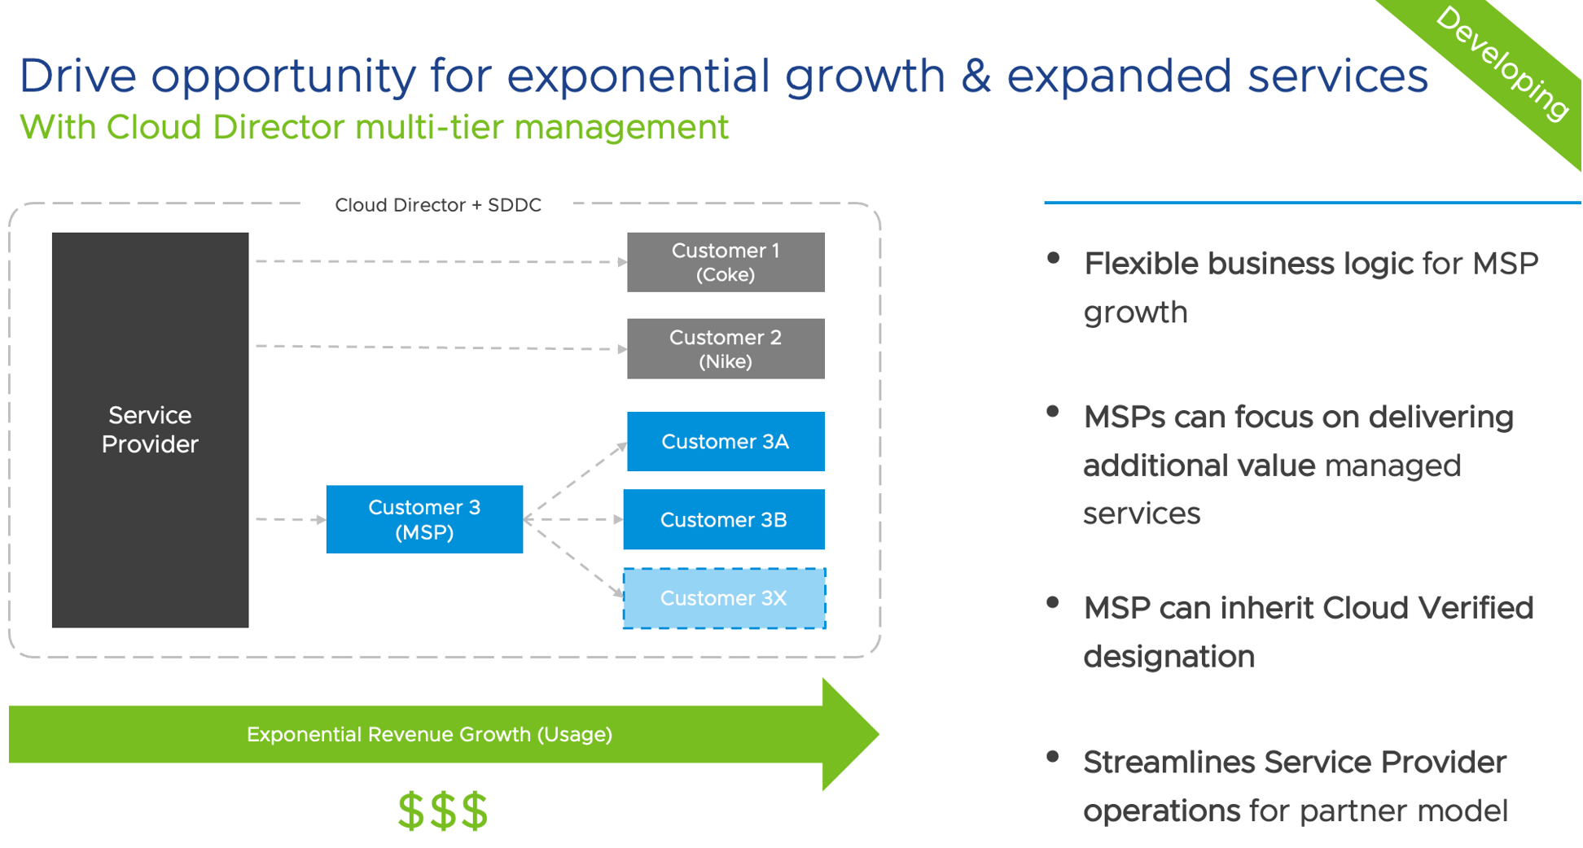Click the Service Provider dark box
(x=150, y=430)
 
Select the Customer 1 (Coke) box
(x=725, y=262)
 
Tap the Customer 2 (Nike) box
(x=725, y=348)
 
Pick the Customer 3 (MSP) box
(x=423, y=519)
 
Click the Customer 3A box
(x=725, y=441)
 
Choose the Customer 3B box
(x=723, y=519)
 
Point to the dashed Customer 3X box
(x=723, y=598)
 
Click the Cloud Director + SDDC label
(x=438, y=205)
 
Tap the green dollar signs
(x=442, y=811)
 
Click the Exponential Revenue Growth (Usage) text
(x=429, y=734)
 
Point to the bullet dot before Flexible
(x=1053, y=259)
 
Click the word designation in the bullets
(x=1169, y=657)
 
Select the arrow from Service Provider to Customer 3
(x=290, y=519)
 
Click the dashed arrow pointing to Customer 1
(x=440, y=262)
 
